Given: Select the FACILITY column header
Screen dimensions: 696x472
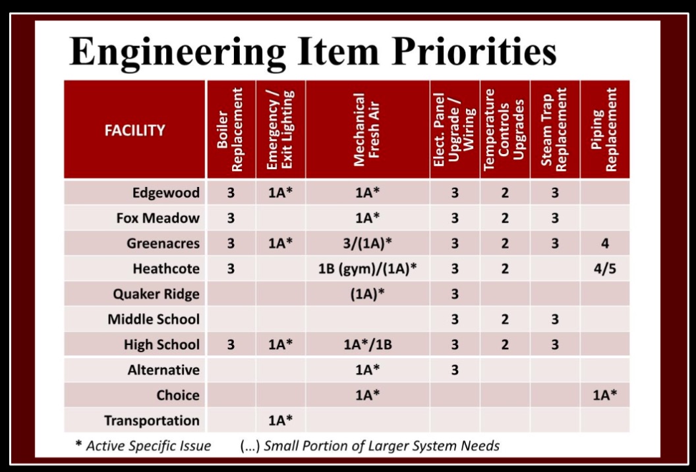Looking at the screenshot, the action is [x=135, y=130].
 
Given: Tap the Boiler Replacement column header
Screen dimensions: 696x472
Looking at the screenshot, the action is [x=231, y=130].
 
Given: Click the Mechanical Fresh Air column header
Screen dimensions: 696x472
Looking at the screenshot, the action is [x=366, y=130].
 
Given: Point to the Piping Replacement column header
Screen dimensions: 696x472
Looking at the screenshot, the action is [x=604, y=130].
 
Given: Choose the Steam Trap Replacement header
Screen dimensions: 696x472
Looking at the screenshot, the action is [x=555, y=130].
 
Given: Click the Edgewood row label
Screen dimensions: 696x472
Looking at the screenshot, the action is [x=166, y=194].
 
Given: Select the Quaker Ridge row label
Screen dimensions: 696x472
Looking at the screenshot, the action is [x=156, y=294].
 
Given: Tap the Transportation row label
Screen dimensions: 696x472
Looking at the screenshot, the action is [x=152, y=421].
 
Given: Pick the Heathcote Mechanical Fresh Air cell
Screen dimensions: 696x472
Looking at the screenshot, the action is [x=368, y=269].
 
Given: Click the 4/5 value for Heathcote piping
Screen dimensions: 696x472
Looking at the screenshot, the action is [x=605, y=269].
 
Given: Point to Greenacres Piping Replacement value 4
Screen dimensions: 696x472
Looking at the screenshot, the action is [x=605, y=244].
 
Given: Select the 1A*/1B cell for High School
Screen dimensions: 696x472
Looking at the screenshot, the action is [x=368, y=345].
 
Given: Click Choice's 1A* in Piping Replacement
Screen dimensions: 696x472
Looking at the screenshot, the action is [x=605, y=395].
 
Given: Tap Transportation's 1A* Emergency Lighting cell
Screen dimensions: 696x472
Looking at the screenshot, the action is [x=281, y=420].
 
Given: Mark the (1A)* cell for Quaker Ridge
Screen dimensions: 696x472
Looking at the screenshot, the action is [x=368, y=294].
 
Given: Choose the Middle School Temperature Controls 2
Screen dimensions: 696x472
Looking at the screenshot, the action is [x=505, y=319].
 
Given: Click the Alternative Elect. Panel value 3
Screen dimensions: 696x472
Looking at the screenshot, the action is [x=455, y=370].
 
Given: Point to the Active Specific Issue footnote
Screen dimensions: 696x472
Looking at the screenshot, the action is [x=143, y=446].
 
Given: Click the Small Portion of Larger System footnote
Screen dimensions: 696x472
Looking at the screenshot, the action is [x=370, y=446].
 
